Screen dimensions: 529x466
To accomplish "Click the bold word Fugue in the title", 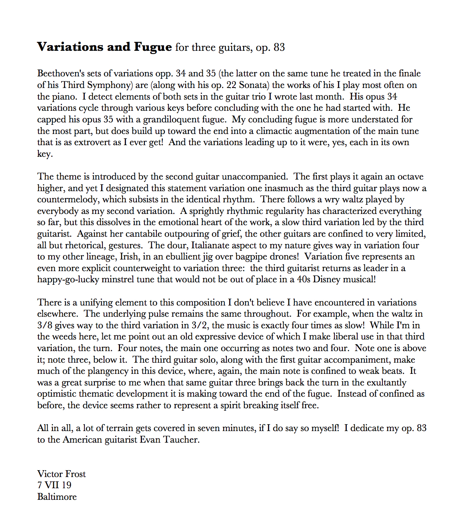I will click(x=153, y=47).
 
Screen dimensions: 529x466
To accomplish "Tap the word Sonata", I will click(x=254, y=85).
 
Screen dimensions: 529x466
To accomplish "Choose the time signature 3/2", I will click(x=200, y=325).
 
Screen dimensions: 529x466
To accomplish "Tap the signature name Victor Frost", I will click(x=62, y=474).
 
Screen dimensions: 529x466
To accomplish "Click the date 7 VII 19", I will click(x=54, y=485).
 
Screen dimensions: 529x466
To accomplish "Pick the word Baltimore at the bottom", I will click(x=57, y=497).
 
